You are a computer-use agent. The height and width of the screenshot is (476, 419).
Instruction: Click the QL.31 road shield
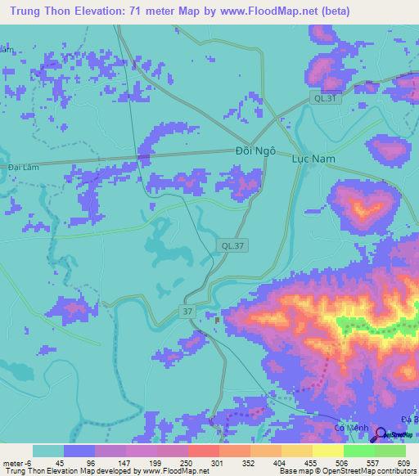coord(324,98)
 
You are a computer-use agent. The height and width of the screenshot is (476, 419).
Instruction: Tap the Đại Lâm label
coord(25,166)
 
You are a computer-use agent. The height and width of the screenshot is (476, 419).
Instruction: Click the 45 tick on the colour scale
coord(61,463)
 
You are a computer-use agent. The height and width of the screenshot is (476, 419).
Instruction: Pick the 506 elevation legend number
coord(343,463)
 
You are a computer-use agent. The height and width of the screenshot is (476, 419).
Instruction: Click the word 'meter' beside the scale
coord(13,463)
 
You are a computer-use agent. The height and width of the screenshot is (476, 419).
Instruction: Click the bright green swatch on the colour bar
coord(358,451)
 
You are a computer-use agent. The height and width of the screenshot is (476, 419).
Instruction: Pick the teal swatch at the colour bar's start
coord(48,451)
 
